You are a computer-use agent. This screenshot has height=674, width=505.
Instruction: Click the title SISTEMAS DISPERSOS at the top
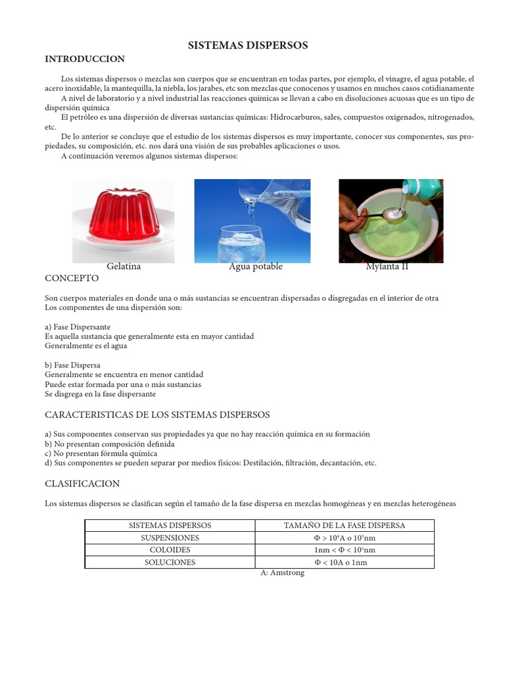click(x=248, y=45)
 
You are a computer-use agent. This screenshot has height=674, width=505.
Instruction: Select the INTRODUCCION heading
click(x=84, y=59)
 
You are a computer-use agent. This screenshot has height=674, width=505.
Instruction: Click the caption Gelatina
click(x=124, y=267)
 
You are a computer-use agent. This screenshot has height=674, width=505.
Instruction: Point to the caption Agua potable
click(x=255, y=267)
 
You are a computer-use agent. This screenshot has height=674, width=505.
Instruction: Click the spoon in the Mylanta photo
click(x=381, y=217)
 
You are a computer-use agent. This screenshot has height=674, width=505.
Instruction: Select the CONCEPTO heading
click(x=72, y=279)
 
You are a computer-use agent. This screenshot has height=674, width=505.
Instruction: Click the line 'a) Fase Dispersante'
click(x=78, y=326)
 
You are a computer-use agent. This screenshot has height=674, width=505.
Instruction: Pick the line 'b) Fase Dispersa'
click(x=72, y=365)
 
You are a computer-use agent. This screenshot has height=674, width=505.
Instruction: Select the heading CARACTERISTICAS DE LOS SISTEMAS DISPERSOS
click(x=157, y=415)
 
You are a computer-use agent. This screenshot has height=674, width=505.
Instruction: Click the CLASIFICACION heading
click(x=82, y=484)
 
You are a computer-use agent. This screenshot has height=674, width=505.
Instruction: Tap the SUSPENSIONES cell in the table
click(x=170, y=538)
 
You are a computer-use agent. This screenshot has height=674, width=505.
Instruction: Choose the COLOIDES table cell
click(x=170, y=550)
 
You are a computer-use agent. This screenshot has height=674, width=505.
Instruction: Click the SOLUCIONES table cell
click(x=170, y=562)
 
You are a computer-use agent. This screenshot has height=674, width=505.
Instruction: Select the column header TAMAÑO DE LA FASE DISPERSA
click(x=345, y=525)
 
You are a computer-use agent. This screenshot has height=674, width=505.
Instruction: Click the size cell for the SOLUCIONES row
click(x=345, y=562)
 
